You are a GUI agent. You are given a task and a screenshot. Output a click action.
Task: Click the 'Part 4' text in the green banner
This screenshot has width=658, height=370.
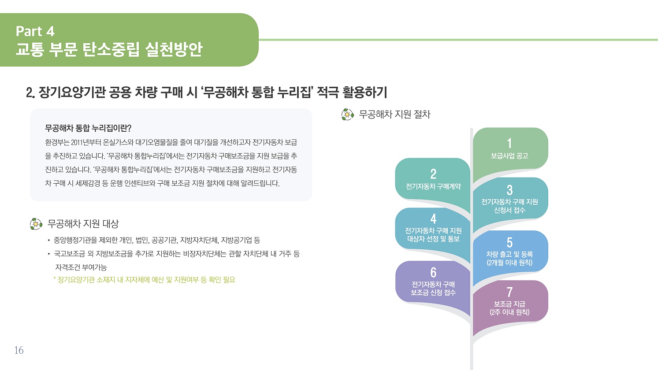tap(35, 31)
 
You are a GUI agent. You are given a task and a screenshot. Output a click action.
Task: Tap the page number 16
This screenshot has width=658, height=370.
tap(19, 350)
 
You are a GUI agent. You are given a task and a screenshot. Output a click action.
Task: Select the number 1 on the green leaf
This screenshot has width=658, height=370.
tap(509, 143)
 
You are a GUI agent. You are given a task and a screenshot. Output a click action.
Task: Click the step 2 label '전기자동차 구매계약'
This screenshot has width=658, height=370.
tap(433, 186)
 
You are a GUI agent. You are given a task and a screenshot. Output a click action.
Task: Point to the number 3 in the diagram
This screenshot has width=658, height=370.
tap(509, 190)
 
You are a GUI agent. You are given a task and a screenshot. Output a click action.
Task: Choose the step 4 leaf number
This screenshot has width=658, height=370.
tap(433, 219)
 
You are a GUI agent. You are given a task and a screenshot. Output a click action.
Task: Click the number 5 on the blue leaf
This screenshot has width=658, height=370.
tap(509, 243)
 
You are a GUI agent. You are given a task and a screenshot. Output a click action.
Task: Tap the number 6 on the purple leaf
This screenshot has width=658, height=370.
tap(433, 273)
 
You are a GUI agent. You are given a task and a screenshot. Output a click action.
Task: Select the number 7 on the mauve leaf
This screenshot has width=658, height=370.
tap(509, 292)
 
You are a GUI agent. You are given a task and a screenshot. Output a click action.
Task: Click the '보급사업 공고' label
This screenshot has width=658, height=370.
tap(509, 155)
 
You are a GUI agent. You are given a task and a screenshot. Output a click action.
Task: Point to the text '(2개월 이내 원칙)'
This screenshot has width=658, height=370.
tap(509, 262)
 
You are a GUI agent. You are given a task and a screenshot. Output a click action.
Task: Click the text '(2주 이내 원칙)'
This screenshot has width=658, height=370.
tap(509, 312)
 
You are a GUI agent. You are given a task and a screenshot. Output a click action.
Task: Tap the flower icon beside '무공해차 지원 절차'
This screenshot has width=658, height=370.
tap(347, 115)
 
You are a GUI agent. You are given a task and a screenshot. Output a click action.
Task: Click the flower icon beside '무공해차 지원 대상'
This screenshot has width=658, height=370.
tap(36, 224)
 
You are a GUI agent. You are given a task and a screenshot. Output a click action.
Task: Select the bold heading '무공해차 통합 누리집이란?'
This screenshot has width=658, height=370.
tap(88, 128)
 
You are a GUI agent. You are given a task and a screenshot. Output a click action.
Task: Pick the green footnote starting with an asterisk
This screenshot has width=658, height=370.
tap(144, 280)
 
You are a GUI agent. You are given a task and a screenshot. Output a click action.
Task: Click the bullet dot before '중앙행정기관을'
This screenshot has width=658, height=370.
tap(49, 240)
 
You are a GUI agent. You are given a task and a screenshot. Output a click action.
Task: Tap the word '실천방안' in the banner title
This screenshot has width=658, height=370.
tap(174, 49)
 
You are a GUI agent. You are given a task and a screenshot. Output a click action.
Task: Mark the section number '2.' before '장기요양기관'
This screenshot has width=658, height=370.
tap(30, 92)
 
